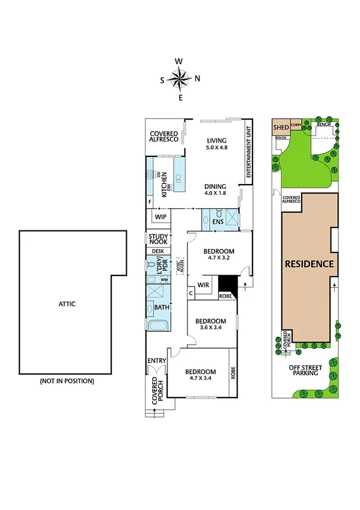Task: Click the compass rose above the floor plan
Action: pos(179,78)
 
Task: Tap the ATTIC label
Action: pos(67,304)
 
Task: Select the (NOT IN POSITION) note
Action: pos(67,381)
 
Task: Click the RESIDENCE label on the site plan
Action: pos(309,263)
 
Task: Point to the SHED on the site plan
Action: pos(281,127)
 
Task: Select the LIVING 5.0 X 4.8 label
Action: pos(217,144)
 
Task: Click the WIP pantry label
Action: pos(160,217)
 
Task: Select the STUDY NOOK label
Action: pos(159,239)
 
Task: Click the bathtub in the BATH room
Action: pos(158,327)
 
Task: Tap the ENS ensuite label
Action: pos(218,223)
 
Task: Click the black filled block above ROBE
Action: pos(227,283)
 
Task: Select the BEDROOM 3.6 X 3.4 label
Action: pos(211,325)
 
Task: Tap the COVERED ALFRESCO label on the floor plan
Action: pos(163,135)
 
